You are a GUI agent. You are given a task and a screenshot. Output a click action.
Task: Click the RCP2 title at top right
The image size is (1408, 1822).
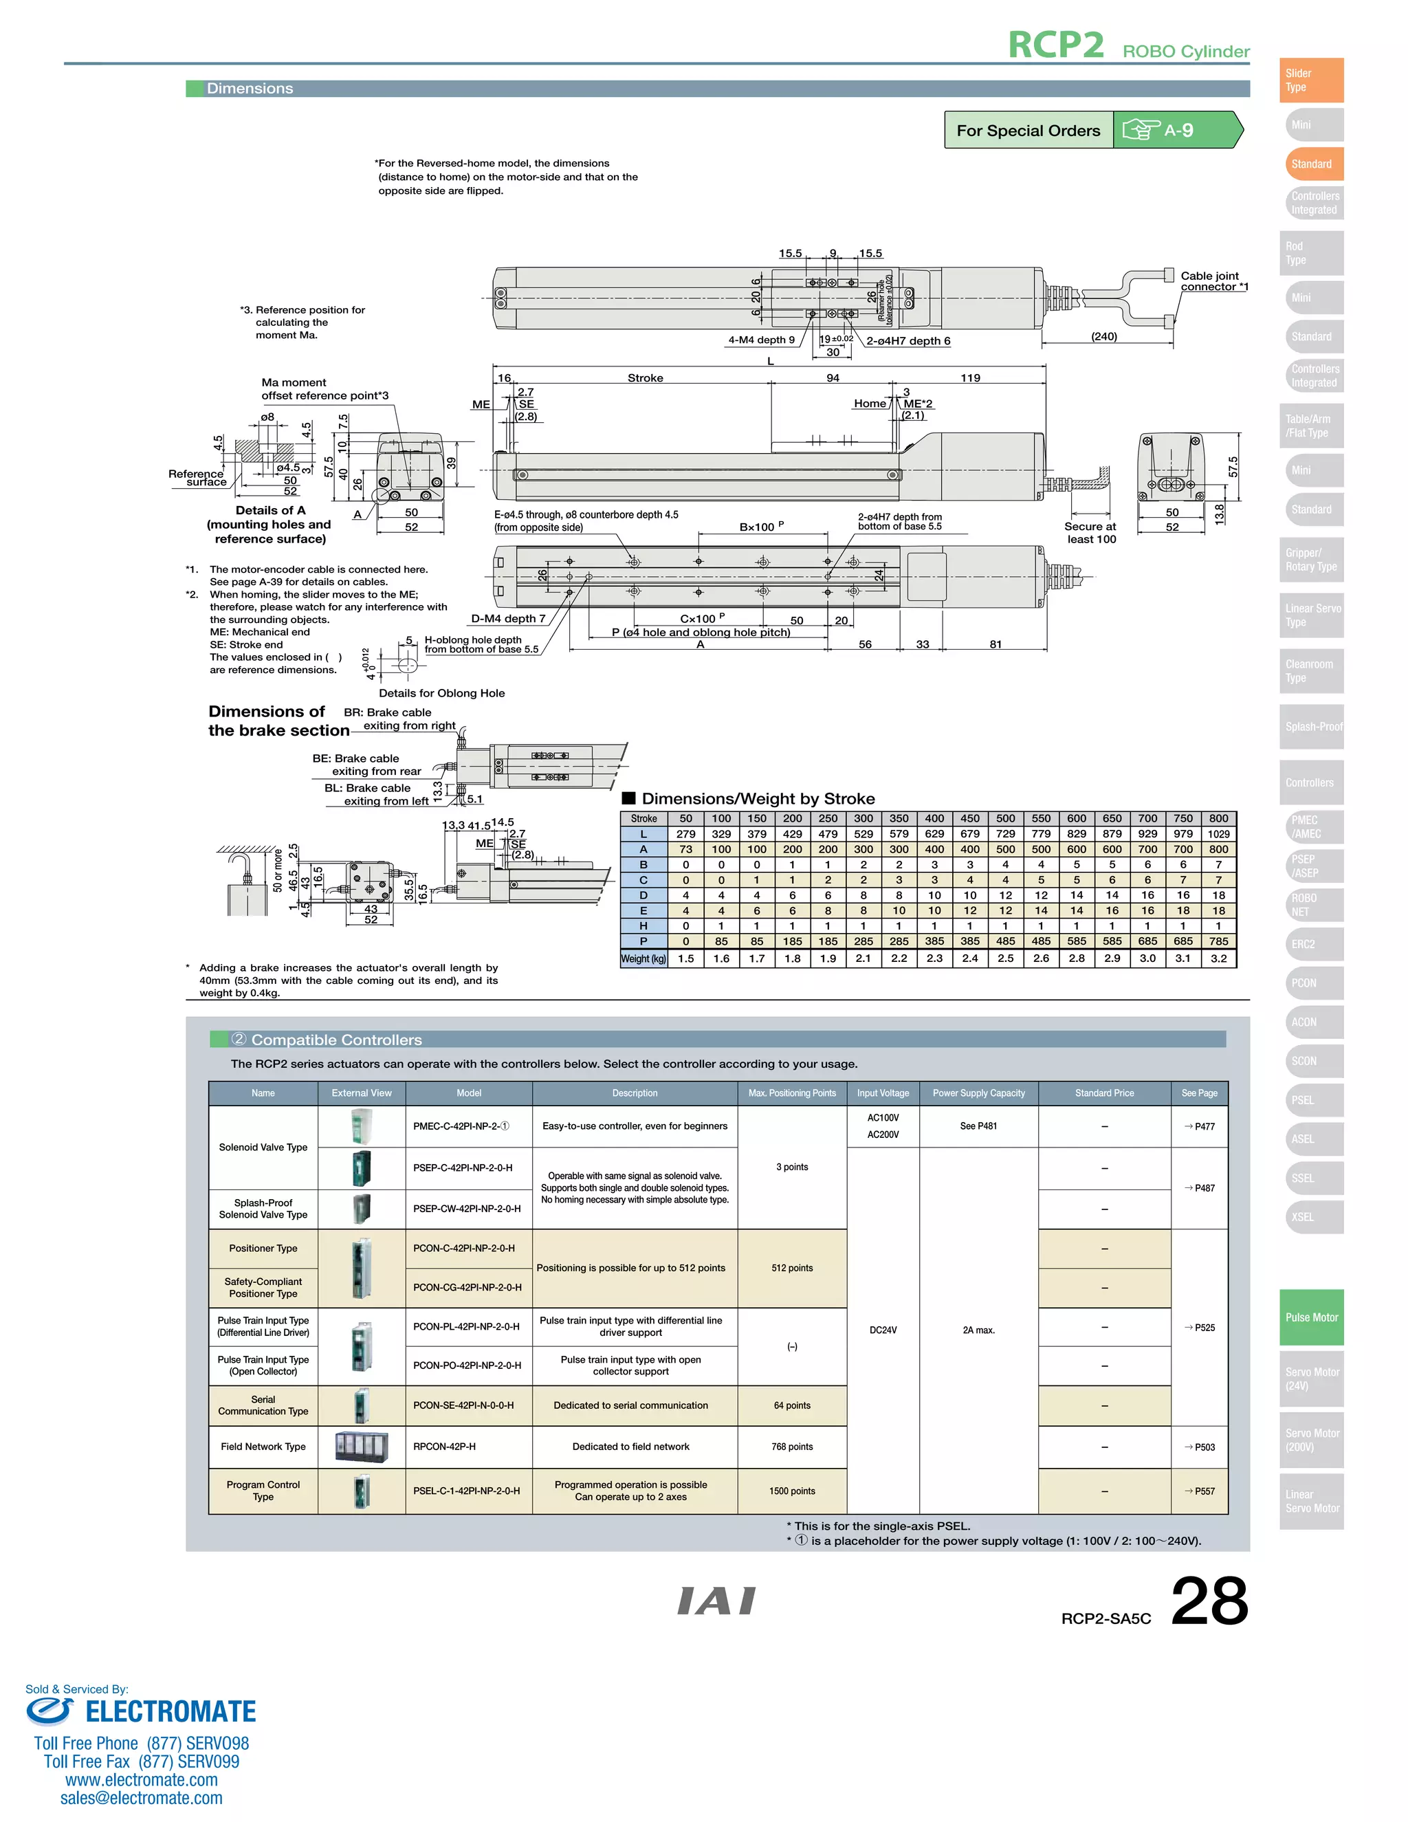click(1055, 45)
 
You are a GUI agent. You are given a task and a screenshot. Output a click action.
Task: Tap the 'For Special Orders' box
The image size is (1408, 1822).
click(1028, 130)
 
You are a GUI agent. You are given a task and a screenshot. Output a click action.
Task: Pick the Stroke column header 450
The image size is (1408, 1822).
click(969, 818)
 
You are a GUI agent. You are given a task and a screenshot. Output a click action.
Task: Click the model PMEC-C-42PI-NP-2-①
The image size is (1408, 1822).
click(461, 1126)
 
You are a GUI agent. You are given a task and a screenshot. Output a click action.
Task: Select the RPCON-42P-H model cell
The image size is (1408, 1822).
click(445, 1447)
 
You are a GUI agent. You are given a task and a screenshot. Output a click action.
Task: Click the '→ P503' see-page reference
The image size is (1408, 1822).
click(1200, 1447)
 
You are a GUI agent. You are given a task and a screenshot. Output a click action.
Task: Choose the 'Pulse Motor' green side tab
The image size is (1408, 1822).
click(1311, 1317)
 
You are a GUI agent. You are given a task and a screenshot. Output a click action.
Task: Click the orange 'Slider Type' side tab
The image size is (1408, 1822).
click(1310, 80)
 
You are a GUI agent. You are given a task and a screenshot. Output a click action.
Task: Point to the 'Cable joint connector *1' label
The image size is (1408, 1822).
click(1213, 281)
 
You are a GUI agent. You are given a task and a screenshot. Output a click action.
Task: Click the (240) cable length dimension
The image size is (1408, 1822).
click(1103, 336)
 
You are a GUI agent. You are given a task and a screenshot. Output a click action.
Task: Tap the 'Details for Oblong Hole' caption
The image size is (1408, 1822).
click(441, 693)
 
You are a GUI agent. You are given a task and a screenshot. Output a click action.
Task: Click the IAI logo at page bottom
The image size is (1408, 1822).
click(716, 1601)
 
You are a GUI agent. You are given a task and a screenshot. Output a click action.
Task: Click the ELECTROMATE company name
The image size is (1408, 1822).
click(170, 1712)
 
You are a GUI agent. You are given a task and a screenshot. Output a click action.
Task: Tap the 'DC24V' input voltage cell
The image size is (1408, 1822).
click(883, 1330)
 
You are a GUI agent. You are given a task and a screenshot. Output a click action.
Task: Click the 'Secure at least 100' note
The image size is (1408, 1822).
click(1090, 532)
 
